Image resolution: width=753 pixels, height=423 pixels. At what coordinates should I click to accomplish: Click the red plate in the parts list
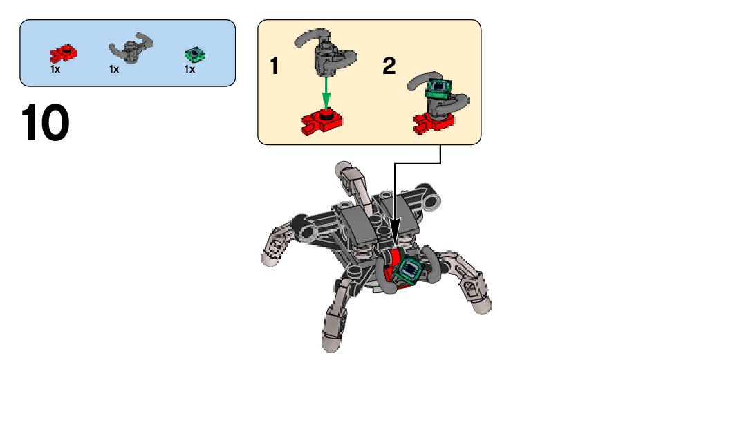click(x=64, y=53)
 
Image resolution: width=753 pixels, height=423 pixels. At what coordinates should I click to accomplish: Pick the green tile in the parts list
click(x=196, y=54)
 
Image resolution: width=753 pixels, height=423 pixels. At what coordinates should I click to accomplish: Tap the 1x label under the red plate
click(x=55, y=68)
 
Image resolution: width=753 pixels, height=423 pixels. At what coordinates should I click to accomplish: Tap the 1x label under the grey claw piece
click(x=114, y=68)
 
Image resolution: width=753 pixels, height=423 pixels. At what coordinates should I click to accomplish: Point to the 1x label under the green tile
click(x=189, y=68)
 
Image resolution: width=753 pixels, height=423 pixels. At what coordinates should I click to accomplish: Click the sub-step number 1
click(x=275, y=67)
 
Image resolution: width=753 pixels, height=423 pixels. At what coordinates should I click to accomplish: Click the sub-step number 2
click(x=389, y=67)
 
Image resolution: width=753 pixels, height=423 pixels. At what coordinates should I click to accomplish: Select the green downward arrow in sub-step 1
click(x=325, y=90)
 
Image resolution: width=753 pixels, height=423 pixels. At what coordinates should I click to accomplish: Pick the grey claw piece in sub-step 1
click(x=325, y=52)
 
